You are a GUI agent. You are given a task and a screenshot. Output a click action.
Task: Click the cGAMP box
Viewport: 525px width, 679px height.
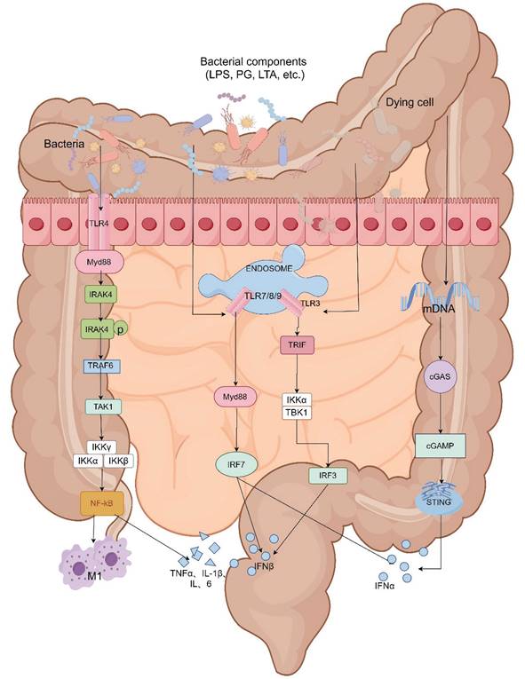(441, 449)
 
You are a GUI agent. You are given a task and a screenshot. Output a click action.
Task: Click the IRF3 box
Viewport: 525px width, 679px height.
(328, 475)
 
